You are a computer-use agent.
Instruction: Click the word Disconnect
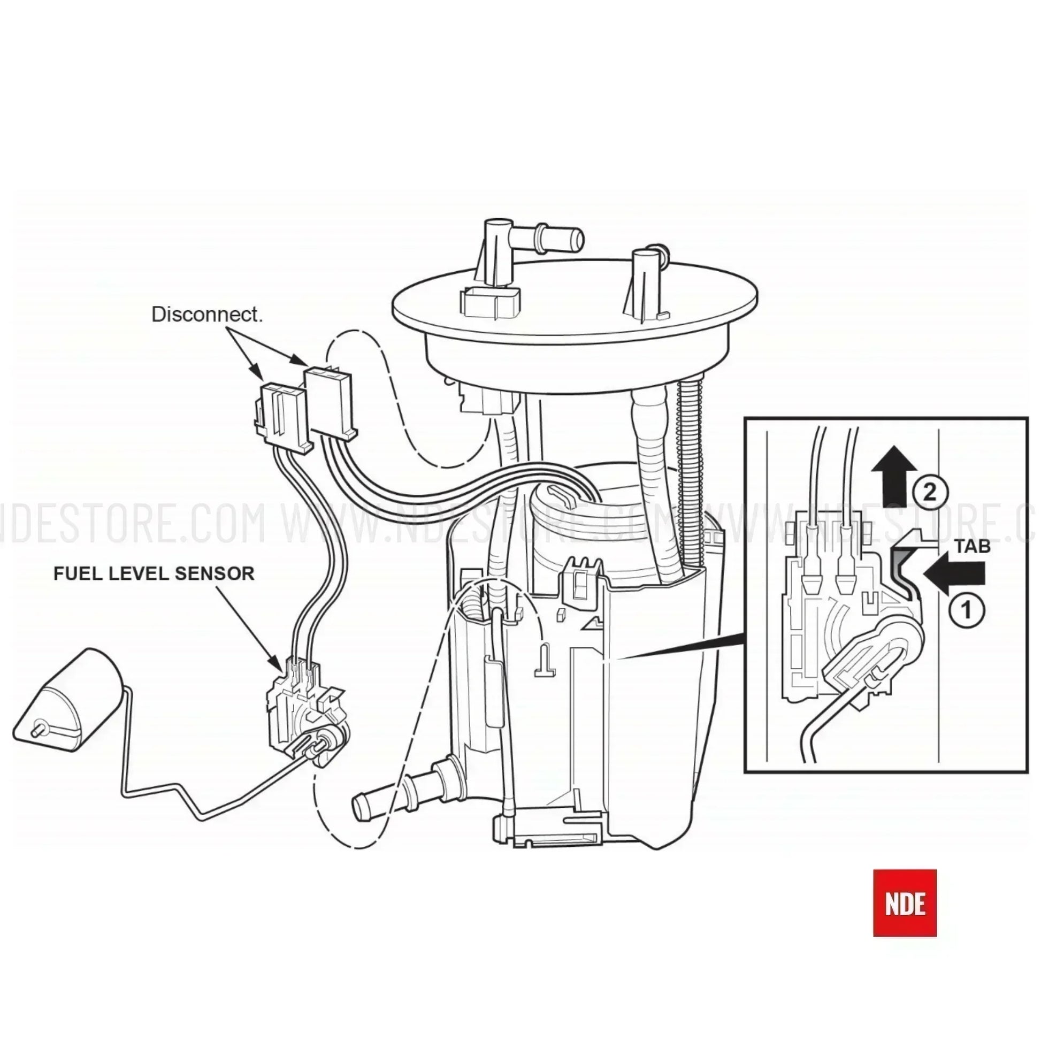(207, 315)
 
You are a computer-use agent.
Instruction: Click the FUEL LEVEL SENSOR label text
(154, 574)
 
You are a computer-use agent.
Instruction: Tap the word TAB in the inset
(973, 546)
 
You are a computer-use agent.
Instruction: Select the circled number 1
(968, 611)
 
